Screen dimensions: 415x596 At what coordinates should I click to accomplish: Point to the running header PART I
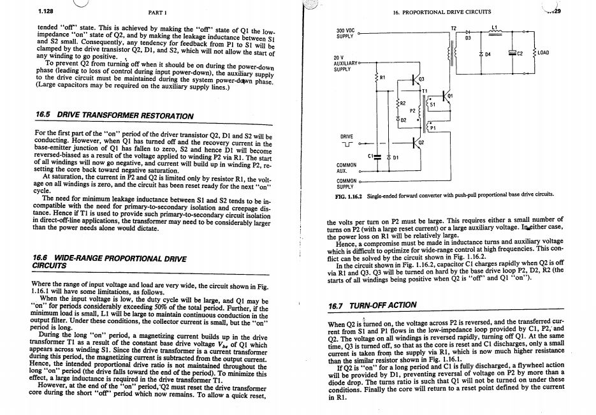157,12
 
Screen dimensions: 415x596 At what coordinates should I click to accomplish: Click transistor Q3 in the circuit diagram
415,79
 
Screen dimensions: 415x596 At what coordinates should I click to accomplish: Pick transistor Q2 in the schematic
415,142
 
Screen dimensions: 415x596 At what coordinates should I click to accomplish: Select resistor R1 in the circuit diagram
377,77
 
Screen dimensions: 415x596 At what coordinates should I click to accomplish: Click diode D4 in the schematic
481,54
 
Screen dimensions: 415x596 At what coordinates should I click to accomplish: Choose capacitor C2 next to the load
512,54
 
